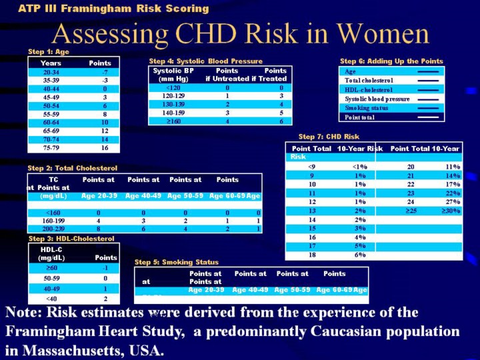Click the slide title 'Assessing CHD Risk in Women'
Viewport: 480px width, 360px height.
[x=240, y=33]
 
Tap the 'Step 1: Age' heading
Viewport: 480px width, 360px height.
[x=49, y=51]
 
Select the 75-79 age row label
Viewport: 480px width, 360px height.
[x=51, y=148]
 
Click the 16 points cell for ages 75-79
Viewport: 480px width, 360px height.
[x=103, y=148]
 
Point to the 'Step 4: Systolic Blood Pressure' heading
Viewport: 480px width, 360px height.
[x=206, y=61]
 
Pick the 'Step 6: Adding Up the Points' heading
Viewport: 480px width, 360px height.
[x=391, y=61]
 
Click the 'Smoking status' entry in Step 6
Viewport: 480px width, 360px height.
[x=367, y=107]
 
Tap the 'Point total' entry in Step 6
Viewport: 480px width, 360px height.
[x=360, y=117]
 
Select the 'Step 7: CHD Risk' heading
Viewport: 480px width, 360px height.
[x=329, y=137]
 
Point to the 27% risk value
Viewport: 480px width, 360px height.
[x=453, y=201]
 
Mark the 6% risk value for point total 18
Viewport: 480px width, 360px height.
[x=360, y=255]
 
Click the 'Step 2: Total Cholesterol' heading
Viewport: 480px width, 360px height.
[x=72, y=168]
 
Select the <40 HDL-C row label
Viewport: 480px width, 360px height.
[x=51, y=299]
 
